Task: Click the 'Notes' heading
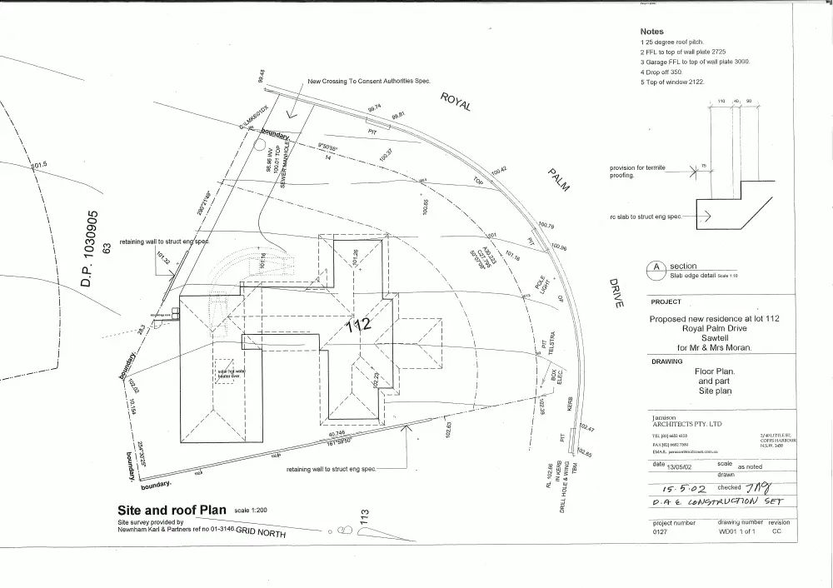tap(651, 32)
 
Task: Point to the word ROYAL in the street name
tap(456, 101)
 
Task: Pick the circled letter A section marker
tap(654, 269)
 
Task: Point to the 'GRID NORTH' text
tap(261, 531)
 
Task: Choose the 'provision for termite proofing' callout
tap(636, 172)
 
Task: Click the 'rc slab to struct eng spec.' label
tap(646, 217)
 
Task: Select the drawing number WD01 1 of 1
tap(736, 531)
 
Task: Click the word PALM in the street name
tap(558, 180)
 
